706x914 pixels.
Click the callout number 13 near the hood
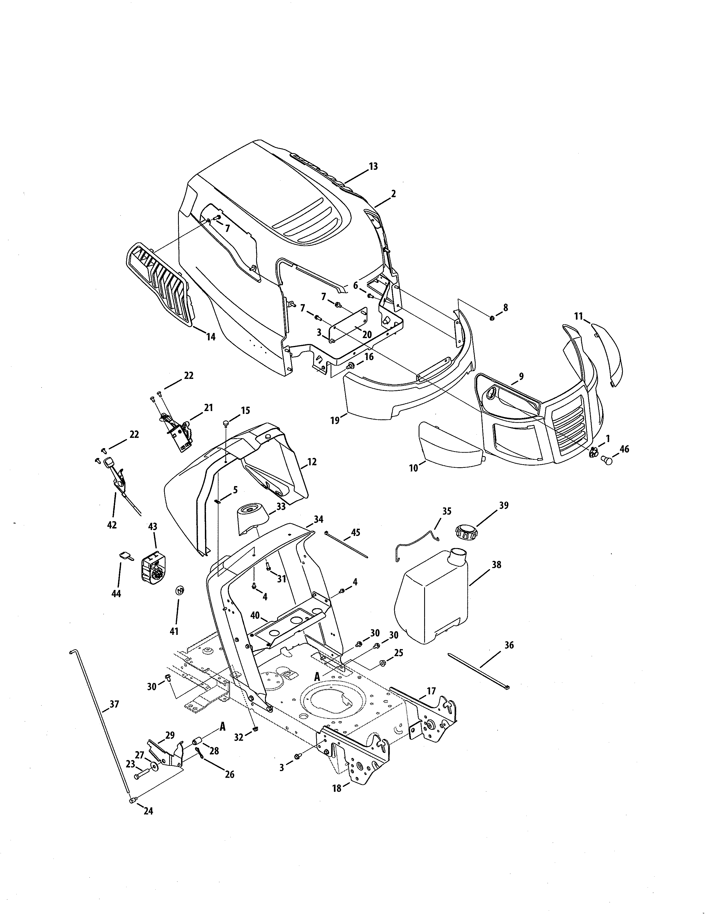373,166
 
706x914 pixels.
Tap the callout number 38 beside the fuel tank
496,565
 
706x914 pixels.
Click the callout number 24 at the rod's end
148,811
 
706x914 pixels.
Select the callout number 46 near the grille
624,450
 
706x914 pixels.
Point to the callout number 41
174,631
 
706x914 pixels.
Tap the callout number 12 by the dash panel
311,462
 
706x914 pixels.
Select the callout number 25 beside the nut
399,653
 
